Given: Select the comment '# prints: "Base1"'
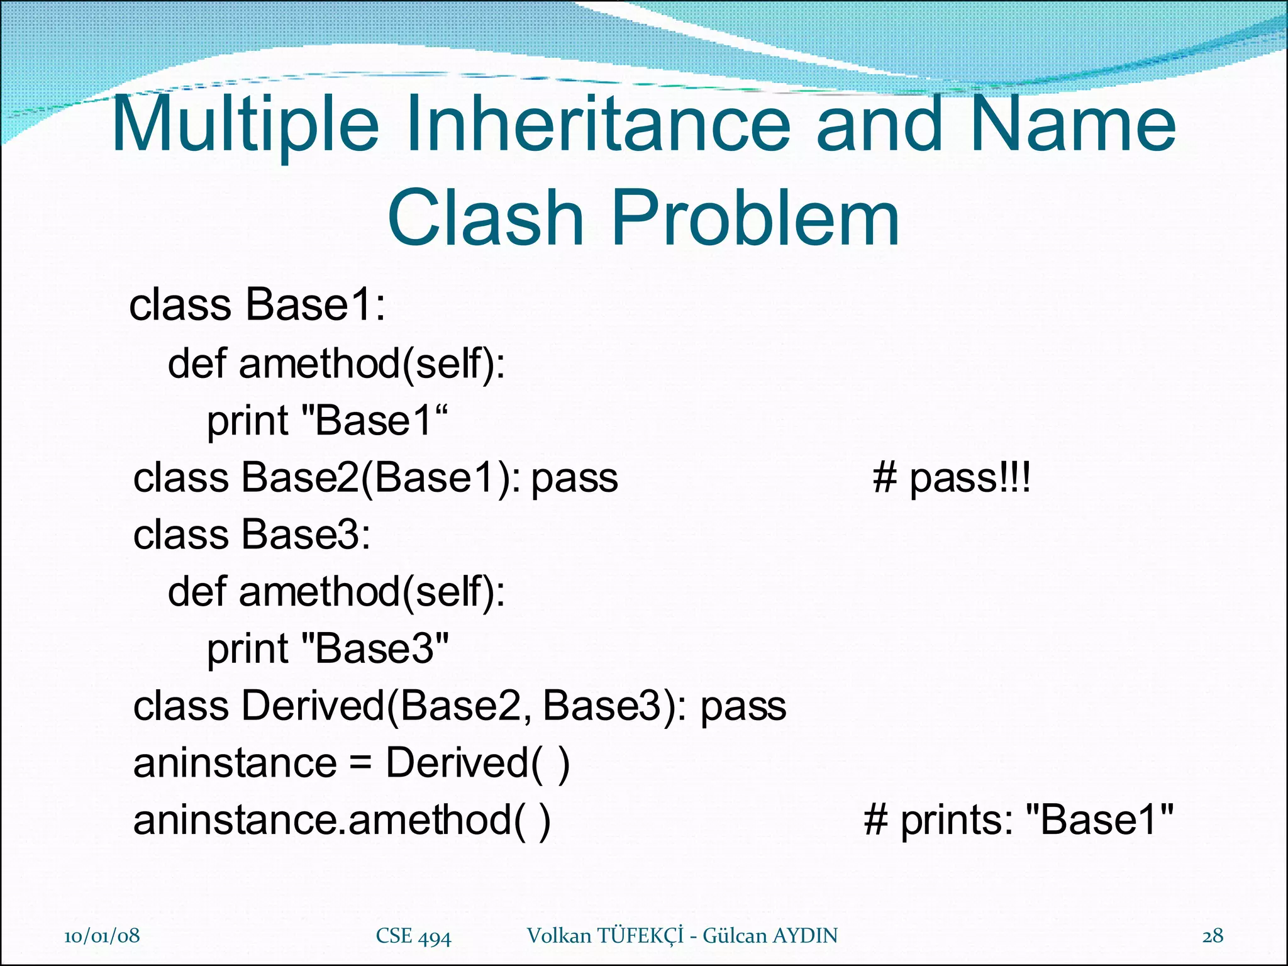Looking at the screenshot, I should click(x=1018, y=820).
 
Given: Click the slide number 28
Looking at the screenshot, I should click(x=1213, y=936).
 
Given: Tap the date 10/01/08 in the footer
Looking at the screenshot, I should click(x=102, y=936).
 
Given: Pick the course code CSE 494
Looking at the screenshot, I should click(x=413, y=936).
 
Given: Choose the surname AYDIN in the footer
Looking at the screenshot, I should click(x=805, y=936).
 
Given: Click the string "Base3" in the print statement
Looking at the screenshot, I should click(x=375, y=649).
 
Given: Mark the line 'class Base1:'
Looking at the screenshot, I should click(x=257, y=305).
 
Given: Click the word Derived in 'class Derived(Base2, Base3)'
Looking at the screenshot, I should click(x=313, y=706).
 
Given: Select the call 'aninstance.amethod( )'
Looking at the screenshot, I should click(x=341, y=820).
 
